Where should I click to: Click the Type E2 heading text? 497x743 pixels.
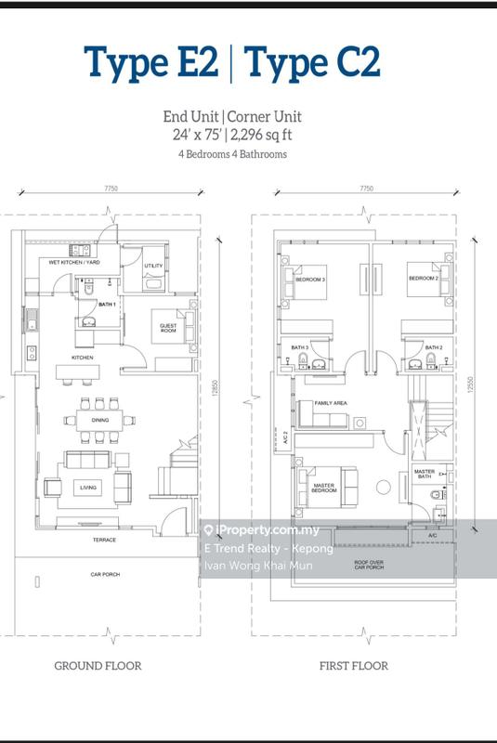click(x=151, y=62)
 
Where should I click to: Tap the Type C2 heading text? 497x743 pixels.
click(x=312, y=62)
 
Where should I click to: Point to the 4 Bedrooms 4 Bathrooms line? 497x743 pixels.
click(x=232, y=155)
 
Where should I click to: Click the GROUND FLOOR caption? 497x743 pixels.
click(x=98, y=665)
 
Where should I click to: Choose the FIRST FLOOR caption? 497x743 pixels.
click(x=353, y=665)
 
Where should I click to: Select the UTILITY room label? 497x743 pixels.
click(x=153, y=267)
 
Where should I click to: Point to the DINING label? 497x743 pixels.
click(x=100, y=421)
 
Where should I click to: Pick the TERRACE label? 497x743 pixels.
click(x=103, y=540)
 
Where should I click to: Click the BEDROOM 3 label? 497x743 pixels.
click(x=310, y=280)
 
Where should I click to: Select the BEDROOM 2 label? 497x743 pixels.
click(x=422, y=279)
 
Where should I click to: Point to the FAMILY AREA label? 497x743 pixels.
click(x=330, y=403)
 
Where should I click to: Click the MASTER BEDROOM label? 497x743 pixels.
click(x=323, y=487)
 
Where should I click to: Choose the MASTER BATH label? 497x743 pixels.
click(x=425, y=475)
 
